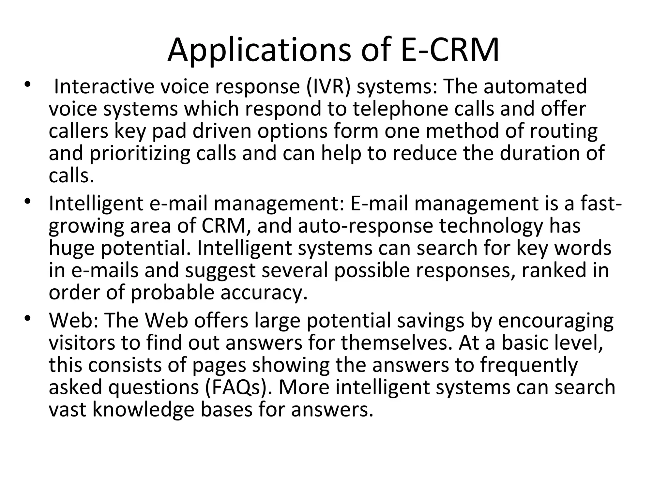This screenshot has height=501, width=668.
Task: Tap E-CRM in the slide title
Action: [449, 51]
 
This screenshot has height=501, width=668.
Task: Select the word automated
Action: [535, 86]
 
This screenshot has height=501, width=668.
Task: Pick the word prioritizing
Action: [140, 153]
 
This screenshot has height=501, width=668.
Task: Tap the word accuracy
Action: [264, 293]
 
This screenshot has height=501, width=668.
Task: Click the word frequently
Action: [529, 365]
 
